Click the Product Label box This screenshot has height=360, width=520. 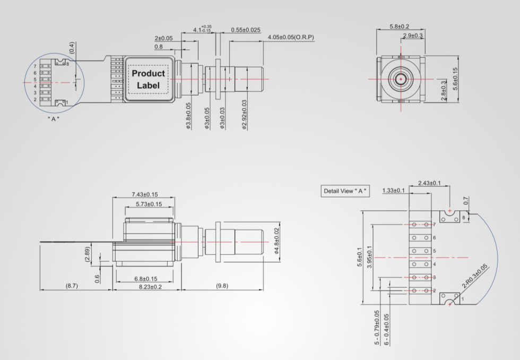click(x=148, y=79)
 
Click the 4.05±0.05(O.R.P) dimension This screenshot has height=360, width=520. click(x=291, y=37)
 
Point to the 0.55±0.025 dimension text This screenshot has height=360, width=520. click(x=245, y=30)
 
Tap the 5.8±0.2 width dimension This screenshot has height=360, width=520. click(x=399, y=27)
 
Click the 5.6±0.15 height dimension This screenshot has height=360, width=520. click(x=455, y=79)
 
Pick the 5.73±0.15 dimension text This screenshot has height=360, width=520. click(x=149, y=204)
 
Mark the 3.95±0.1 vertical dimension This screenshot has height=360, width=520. click(x=370, y=257)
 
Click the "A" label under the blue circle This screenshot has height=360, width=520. click(x=53, y=119)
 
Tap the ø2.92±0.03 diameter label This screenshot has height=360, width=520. click(x=244, y=115)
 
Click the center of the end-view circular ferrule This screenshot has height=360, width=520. click(x=400, y=79)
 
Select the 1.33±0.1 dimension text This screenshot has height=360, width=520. click(x=393, y=191)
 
